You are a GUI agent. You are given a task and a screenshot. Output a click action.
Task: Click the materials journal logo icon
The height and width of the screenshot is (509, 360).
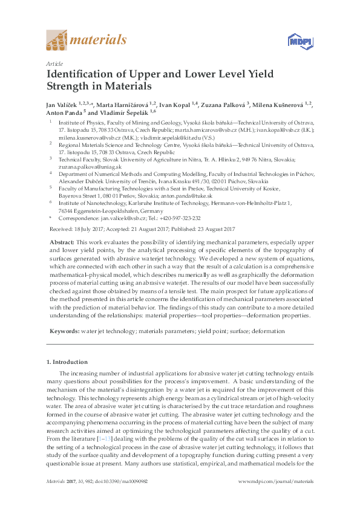(x=57, y=41)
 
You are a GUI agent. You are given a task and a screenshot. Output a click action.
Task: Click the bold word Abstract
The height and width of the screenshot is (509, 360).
(x=62, y=241)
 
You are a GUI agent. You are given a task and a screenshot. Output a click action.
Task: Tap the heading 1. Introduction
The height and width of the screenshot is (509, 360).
(x=67, y=362)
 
